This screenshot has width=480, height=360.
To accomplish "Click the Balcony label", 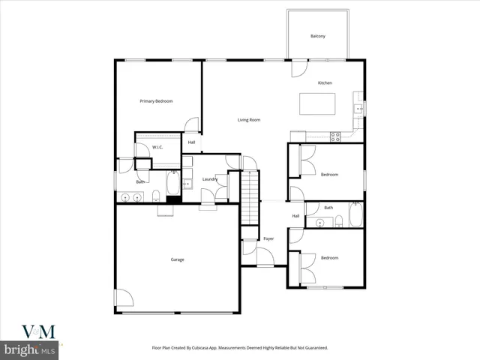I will coord(318,36).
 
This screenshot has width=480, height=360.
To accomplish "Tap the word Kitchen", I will coord(325,82).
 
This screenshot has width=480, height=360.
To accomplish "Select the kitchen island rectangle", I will coord(317,103).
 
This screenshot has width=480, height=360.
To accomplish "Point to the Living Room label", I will coord(249,120).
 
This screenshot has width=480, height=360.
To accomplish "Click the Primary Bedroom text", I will coord(157,100).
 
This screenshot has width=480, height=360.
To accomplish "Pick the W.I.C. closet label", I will coord(157,147).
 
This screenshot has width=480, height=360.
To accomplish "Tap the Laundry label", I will coord(210,178).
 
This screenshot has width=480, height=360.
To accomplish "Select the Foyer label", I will coord(268,238).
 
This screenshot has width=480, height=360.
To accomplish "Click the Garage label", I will coord(177,259).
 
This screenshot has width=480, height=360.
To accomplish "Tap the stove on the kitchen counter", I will coord(335,136).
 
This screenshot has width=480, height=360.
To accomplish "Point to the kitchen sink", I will coord(358,109).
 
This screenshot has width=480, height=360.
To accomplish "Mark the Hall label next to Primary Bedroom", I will coord(191,142).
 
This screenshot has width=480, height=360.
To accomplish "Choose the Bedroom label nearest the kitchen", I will coord(330,175).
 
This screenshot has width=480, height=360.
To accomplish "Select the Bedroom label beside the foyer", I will coord(330,257).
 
